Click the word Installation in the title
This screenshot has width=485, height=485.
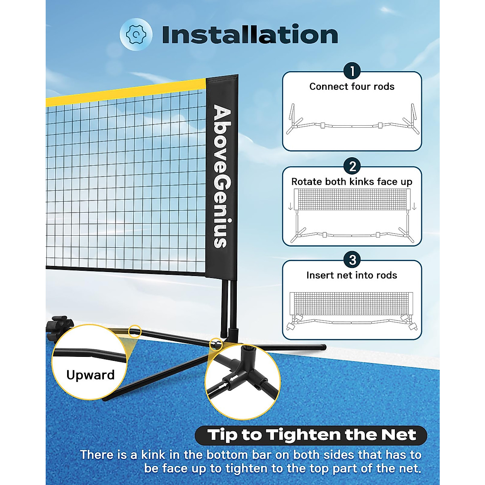point(250,35)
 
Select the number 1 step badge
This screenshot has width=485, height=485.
point(352,72)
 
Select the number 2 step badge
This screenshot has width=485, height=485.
point(352,167)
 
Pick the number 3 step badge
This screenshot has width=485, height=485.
point(352,260)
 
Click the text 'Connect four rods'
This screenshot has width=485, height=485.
point(352,86)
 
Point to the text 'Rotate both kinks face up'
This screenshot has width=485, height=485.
point(352,182)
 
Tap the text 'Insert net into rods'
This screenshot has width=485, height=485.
point(352,275)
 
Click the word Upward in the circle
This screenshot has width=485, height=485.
point(91,375)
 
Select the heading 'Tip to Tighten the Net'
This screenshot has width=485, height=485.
point(311,435)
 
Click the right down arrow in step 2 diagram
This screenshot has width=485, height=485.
point(414,207)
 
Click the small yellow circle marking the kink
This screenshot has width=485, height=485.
point(135,332)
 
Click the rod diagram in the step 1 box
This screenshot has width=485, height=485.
point(352,121)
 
